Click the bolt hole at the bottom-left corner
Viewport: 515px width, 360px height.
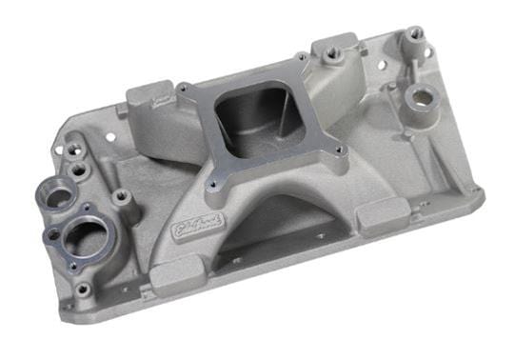(83, 288)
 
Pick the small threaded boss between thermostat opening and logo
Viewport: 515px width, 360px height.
(121, 198)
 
